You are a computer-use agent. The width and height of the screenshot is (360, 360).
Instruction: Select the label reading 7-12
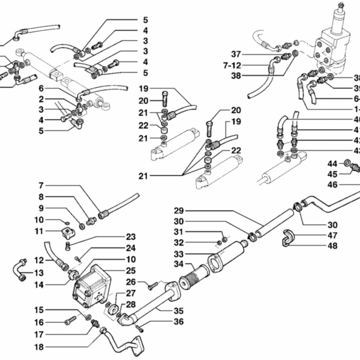(x=232, y=65)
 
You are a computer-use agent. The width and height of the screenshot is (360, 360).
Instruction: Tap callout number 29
(x=178, y=211)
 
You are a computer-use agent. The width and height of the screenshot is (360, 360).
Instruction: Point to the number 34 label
(x=178, y=263)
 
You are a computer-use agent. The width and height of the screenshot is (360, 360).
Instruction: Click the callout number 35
(x=178, y=311)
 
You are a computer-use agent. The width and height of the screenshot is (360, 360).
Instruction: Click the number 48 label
(x=332, y=246)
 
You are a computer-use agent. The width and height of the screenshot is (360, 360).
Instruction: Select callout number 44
(x=332, y=164)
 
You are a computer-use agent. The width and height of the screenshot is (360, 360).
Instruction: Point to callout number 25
(x=131, y=271)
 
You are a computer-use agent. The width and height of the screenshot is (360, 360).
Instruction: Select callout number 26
(x=131, y=282)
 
